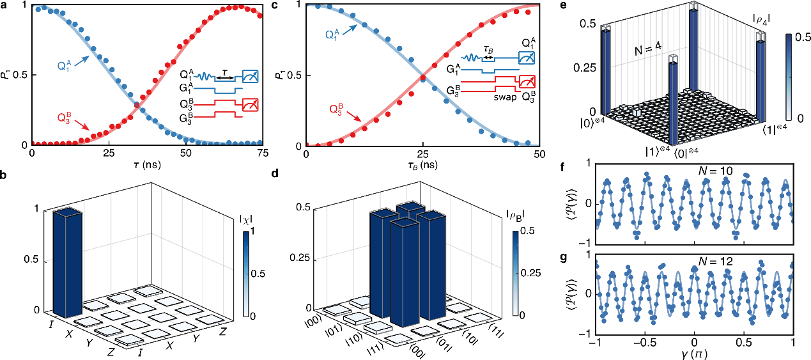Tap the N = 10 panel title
(695, 172)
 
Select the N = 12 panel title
(695, 261)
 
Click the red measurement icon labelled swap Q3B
(527, 82)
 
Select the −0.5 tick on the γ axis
(644, 343)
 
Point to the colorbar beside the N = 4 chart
(789, 77)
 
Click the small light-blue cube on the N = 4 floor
(637, 112)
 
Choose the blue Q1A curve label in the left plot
(64, 65)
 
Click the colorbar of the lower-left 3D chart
(246, 274)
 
